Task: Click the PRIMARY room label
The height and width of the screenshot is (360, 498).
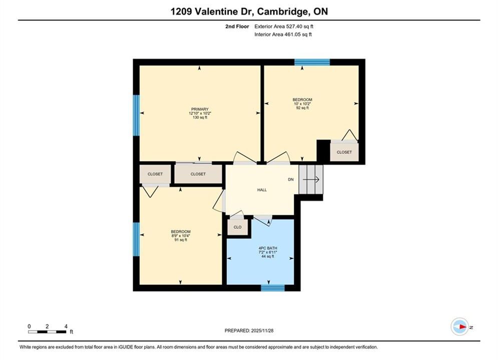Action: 200,109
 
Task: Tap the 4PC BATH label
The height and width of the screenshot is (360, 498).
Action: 268,248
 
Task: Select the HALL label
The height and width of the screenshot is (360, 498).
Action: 262,190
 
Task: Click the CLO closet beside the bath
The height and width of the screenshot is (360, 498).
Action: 238,227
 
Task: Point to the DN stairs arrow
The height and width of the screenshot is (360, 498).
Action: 311,179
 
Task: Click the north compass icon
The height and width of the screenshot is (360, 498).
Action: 460,326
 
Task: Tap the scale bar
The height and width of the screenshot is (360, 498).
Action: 48,332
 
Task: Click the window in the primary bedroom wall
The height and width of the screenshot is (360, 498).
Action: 136,115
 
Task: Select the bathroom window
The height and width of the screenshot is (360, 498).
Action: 273,287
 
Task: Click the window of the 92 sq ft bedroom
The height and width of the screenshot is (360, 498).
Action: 312,62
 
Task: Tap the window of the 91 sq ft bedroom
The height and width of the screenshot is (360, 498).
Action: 136,239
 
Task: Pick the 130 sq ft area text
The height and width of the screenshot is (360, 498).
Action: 200,117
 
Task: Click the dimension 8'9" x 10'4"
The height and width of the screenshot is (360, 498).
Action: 181,235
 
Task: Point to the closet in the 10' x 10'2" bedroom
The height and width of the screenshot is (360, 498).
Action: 344,152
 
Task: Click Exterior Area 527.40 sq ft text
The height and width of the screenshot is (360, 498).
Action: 284,26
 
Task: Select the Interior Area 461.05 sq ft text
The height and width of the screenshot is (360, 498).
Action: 283,34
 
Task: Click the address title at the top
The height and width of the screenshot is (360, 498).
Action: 249,11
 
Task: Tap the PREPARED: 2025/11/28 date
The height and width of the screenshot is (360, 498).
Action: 249,330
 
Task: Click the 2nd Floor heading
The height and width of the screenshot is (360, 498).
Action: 237,26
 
